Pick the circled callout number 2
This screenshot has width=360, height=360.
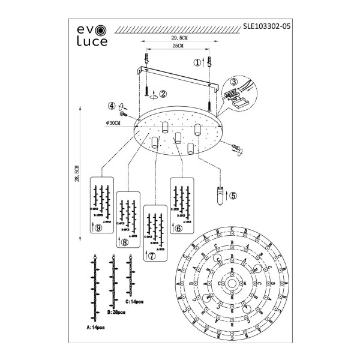point(163,94)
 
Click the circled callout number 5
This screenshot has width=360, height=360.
point(233,194)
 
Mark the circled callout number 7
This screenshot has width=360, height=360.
point(151,255)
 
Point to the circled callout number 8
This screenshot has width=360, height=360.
point(124,242)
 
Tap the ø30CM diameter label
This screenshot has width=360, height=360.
point(112,122)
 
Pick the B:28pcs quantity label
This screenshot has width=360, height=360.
point(114,313)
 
